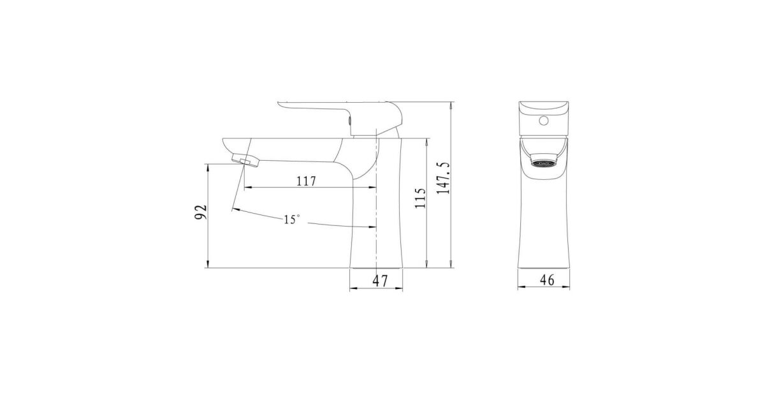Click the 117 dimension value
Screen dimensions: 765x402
(306, 181)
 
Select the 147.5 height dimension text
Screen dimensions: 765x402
(444, 178)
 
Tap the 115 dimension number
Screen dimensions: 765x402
(420, 198)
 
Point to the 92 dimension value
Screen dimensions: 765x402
(201, 212)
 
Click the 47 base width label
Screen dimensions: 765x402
(380, 281)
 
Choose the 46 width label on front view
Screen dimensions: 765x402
(547, 280)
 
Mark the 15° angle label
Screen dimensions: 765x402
(292, 219)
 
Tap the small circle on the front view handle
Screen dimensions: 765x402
(544, 121)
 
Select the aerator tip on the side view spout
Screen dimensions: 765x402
(245, 160)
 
